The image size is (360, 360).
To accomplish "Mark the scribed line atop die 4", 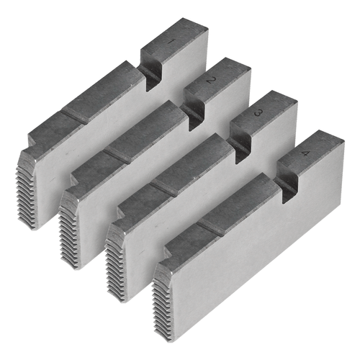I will (x=212, y=227).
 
